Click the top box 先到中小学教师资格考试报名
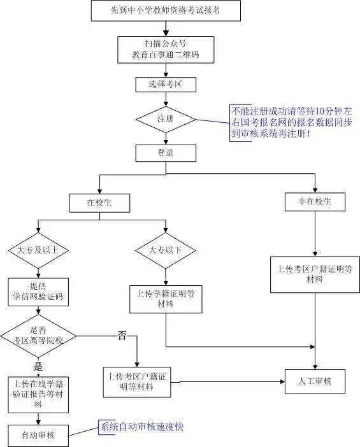[166, 11]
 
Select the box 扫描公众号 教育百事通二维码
[166, 50]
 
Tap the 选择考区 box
[166, 85]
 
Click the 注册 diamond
[166, 120]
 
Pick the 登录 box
[166, 153]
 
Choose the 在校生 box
[99, 203]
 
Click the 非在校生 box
[315, 202]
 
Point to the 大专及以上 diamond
[38, 251]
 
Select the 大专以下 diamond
[166, 251]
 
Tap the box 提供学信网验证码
[38, 292]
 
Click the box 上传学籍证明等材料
[166, 299]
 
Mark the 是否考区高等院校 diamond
[38, 336]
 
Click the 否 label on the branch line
[122, 336]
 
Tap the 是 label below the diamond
[38, 367]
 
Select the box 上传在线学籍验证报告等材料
[38, 395]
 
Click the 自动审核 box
[38, 436]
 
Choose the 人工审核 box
[315, 381]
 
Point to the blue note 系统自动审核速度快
[142, 427]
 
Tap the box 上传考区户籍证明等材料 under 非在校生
[315, 274]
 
